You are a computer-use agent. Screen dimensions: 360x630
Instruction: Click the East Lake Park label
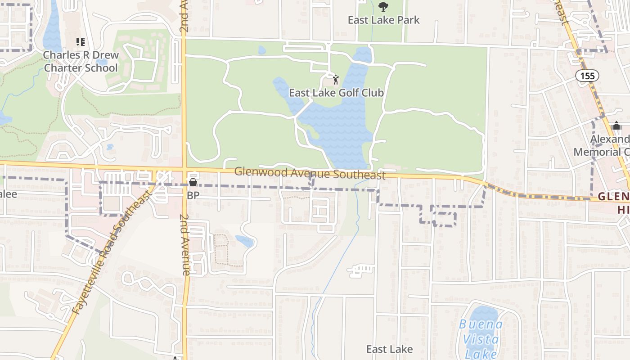point(383,20)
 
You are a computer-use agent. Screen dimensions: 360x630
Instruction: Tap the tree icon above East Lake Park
point(383,7)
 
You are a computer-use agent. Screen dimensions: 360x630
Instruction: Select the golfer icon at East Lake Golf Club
point(335,80)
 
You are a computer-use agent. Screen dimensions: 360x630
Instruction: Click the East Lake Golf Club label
point(336,93)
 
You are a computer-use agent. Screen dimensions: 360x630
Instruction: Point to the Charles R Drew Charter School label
point(81,62)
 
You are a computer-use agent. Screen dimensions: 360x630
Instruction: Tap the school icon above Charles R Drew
point(81,42)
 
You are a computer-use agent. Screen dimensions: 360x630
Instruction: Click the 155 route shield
point(587,76)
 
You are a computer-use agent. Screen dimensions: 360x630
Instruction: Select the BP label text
point(193,196)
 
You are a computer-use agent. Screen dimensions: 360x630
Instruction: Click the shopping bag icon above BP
point(193,183)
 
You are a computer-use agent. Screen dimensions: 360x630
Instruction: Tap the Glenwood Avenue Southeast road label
point(310,173)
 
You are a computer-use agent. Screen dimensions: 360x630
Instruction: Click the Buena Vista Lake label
point(481,338)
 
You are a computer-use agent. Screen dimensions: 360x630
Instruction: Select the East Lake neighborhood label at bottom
point(389,349)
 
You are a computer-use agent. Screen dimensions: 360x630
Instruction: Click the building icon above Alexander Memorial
point(616,126)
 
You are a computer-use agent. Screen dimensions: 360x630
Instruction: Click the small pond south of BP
point(245,241)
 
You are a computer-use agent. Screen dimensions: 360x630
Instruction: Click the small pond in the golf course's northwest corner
point(262,50)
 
